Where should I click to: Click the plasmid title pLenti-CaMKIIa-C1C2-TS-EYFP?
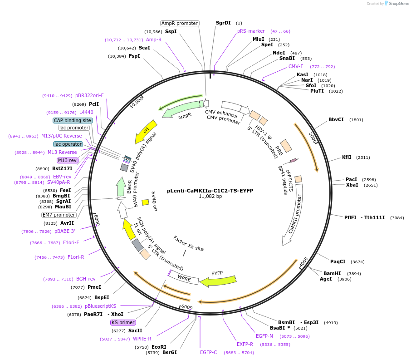[210, 191]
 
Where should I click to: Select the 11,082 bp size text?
[210, 197]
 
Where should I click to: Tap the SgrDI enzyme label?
[223, 23]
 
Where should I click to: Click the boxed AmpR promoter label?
[180, 23]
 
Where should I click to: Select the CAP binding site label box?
[73, 120]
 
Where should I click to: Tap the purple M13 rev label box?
[67, 160]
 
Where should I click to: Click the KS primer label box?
[123, 322]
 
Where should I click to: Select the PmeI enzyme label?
[94, 287]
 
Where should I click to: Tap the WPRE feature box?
[184, 278]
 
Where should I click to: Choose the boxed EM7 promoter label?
[59, 215]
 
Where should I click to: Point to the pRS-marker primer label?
[251, 31]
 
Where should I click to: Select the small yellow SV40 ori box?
[146, 202]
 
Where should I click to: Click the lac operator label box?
[68, 144]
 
